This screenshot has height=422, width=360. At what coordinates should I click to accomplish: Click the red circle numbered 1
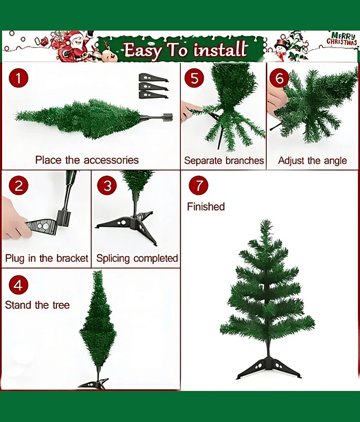[18, 78]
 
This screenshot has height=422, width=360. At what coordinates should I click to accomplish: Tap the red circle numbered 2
[18, 186]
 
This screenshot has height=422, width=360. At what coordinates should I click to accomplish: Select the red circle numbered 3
[107, 185]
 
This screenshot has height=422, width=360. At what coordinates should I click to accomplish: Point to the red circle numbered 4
[18, 285]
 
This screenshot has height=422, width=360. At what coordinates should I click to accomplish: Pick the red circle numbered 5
[194, 78]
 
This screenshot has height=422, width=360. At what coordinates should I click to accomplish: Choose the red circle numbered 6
[279, 78]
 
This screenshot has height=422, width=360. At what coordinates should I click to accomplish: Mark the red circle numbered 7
[198, 185]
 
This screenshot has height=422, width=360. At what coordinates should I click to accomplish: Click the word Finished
[206, 207]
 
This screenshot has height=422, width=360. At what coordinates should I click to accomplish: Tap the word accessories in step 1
[111, 160]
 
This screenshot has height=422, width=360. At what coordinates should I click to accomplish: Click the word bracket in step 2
[72, 258]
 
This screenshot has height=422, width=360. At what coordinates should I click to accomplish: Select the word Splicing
[113, 258]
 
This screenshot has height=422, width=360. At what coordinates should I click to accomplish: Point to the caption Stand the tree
[37, 305]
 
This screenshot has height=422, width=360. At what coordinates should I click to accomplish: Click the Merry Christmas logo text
[342, 39]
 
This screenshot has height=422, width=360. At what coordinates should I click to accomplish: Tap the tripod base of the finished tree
[269, 368]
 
